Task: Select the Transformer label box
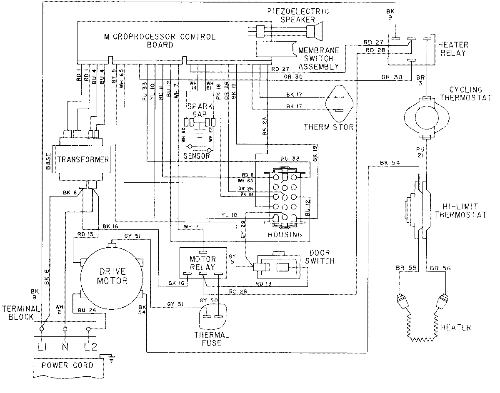tap(83, 159)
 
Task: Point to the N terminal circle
tap(65, 329)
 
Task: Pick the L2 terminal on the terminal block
tap(88, 329)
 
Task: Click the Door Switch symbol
tap(277, 267)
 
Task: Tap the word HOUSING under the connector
tap(285, 234)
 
